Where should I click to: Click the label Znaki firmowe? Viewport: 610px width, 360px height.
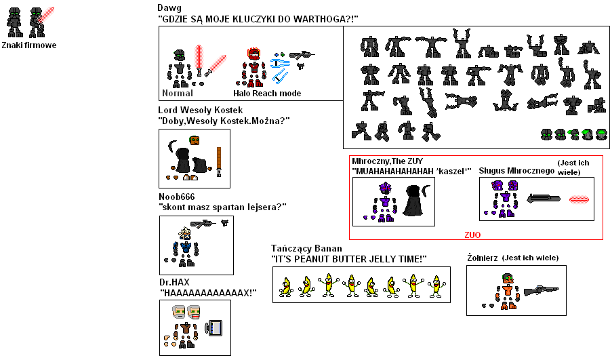coord(29,45)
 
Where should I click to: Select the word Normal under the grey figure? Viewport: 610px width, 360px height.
coord(178,93)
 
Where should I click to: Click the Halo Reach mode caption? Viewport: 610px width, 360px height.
coord(267,93)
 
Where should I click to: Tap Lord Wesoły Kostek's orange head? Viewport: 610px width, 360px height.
coord(194,140)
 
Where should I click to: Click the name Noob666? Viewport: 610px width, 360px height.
coord(176,197)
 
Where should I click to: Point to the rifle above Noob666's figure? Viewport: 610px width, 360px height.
coord(203,223)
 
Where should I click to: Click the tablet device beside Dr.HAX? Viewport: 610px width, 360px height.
coord(215,327)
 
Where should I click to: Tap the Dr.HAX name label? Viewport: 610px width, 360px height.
coord(174,282)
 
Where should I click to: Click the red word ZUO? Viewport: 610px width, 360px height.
coord(472,235)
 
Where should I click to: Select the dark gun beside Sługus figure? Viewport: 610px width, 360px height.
coord(543,199)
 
